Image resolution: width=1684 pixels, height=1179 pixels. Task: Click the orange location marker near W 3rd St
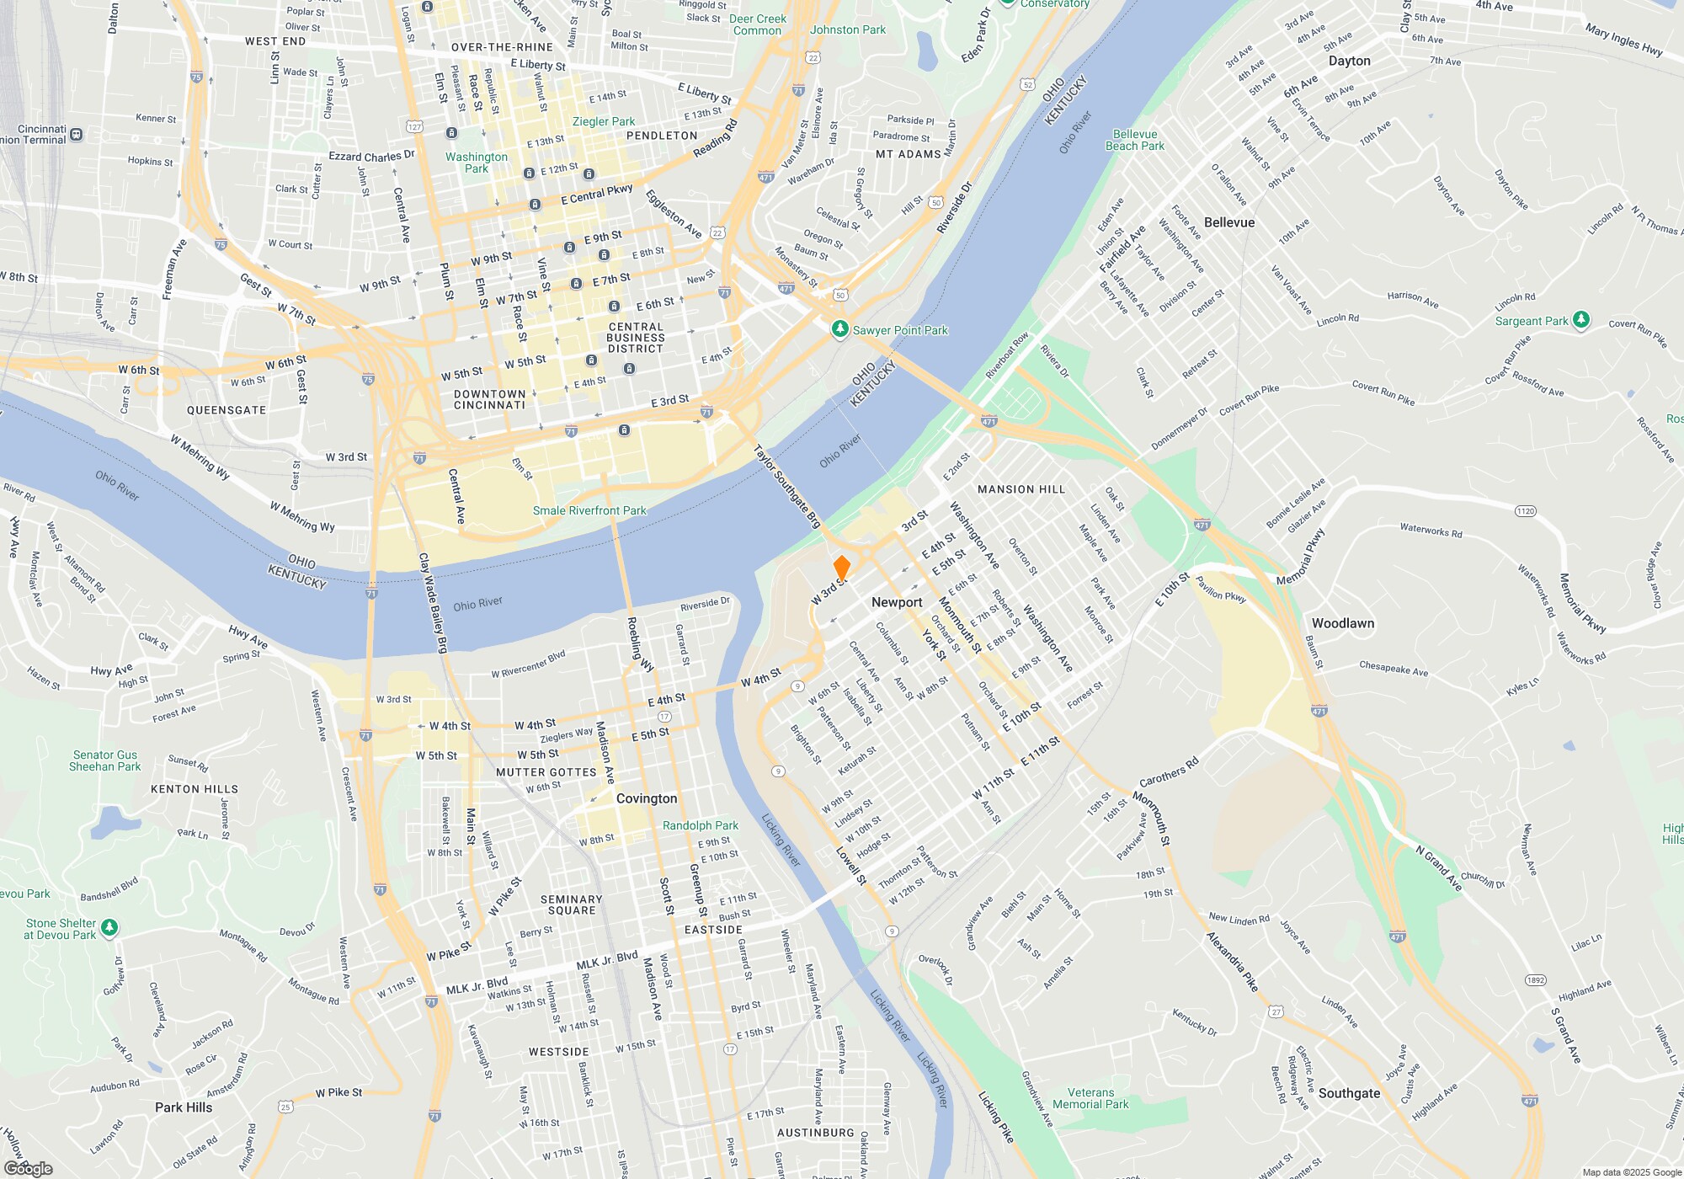pos(841,568)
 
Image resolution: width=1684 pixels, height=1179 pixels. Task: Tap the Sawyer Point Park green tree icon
pos(839,329)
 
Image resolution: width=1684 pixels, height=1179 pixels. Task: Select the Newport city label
pos(897,602)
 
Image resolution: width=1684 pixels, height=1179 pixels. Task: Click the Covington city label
pos(647,798)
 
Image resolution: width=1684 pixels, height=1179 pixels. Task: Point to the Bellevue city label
pos(1229,222)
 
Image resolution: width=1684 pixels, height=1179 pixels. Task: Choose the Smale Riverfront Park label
pos(589,510)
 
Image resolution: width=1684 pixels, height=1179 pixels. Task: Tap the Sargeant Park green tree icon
pos(1581,320)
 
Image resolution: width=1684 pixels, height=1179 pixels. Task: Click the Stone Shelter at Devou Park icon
pos(109,928)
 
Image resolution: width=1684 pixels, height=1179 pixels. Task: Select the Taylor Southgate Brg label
pos(787,487)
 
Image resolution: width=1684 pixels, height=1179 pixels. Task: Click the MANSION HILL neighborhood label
pos(1021,489)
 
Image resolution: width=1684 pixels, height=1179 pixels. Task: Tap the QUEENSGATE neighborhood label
pos(226,410)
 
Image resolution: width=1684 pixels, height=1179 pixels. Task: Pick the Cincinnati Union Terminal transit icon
pos(77,134)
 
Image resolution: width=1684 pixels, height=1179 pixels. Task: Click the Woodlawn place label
pos(1343,623)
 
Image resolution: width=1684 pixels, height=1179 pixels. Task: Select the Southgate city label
pos(1349,1093)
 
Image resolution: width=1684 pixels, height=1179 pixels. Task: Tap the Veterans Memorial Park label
pos(1090,1098)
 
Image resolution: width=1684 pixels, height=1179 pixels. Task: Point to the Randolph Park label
pos(701,825)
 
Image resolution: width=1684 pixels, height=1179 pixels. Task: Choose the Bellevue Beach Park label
pos(1135,140)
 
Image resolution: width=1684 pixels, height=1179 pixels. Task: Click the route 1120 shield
pos(1525,511)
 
